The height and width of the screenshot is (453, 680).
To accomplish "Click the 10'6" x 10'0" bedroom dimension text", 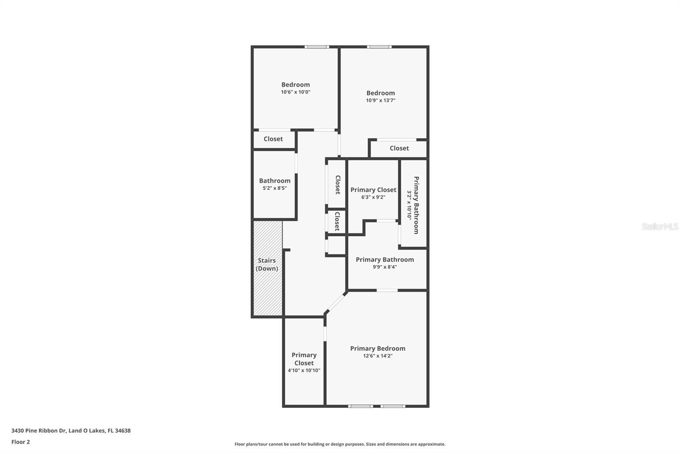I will (295, 92).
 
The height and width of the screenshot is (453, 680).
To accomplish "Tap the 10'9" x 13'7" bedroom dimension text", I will (380, 100).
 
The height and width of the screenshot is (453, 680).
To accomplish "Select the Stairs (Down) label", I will (267, 264).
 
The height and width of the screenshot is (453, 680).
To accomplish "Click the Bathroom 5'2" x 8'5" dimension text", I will (275, 188).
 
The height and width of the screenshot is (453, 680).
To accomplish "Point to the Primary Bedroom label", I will (377, 348).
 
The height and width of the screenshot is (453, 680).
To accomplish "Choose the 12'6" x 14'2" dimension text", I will (377, 356).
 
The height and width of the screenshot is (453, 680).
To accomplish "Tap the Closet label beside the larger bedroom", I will (399, 148).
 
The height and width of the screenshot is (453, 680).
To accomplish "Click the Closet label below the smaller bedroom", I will (273, 139).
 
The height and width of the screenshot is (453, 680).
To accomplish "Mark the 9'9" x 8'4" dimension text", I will (385, 267).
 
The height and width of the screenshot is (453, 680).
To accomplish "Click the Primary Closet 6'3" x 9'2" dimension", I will (373, 197).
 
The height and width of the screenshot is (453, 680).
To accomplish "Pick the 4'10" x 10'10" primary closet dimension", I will (304, 371).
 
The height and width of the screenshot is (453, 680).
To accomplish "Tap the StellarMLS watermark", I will (660, 226).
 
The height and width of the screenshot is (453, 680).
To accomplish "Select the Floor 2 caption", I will (20, 442).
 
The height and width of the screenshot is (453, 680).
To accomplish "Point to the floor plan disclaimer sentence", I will (340, 444).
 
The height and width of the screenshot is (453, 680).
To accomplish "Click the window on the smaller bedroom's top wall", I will (317, 47).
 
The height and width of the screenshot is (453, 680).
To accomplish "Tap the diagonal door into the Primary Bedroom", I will (336, 302).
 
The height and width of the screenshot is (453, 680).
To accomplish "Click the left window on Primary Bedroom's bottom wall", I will (360, 406).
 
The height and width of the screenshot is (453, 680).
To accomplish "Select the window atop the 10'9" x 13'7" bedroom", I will (379, 47).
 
